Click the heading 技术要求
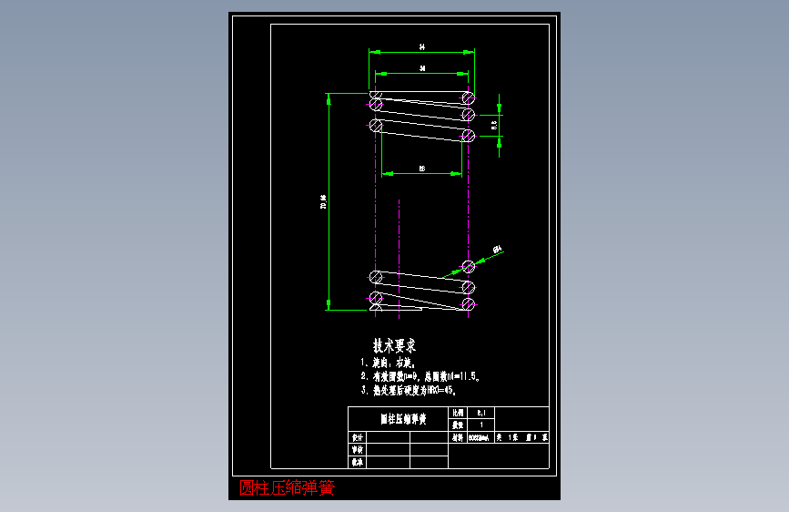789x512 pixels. [394, 346]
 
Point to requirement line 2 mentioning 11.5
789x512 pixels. [426, 375]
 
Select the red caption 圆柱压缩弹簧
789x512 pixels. [287, 488]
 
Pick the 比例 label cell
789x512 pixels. [458, 413]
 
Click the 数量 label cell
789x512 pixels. [458, 425]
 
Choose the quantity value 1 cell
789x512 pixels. [481, 425]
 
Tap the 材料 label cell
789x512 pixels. [458, 437]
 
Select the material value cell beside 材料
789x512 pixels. [480, 437]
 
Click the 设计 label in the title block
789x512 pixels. [358, 437]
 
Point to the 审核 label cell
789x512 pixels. [358, 449]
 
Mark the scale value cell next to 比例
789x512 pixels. [481, 413]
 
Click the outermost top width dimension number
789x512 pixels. [422, 46]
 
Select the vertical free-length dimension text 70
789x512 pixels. [324, 201]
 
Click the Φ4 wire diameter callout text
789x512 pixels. [498, 249]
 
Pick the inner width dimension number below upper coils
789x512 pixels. [422, 169]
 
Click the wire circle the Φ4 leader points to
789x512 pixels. [468, 267]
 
